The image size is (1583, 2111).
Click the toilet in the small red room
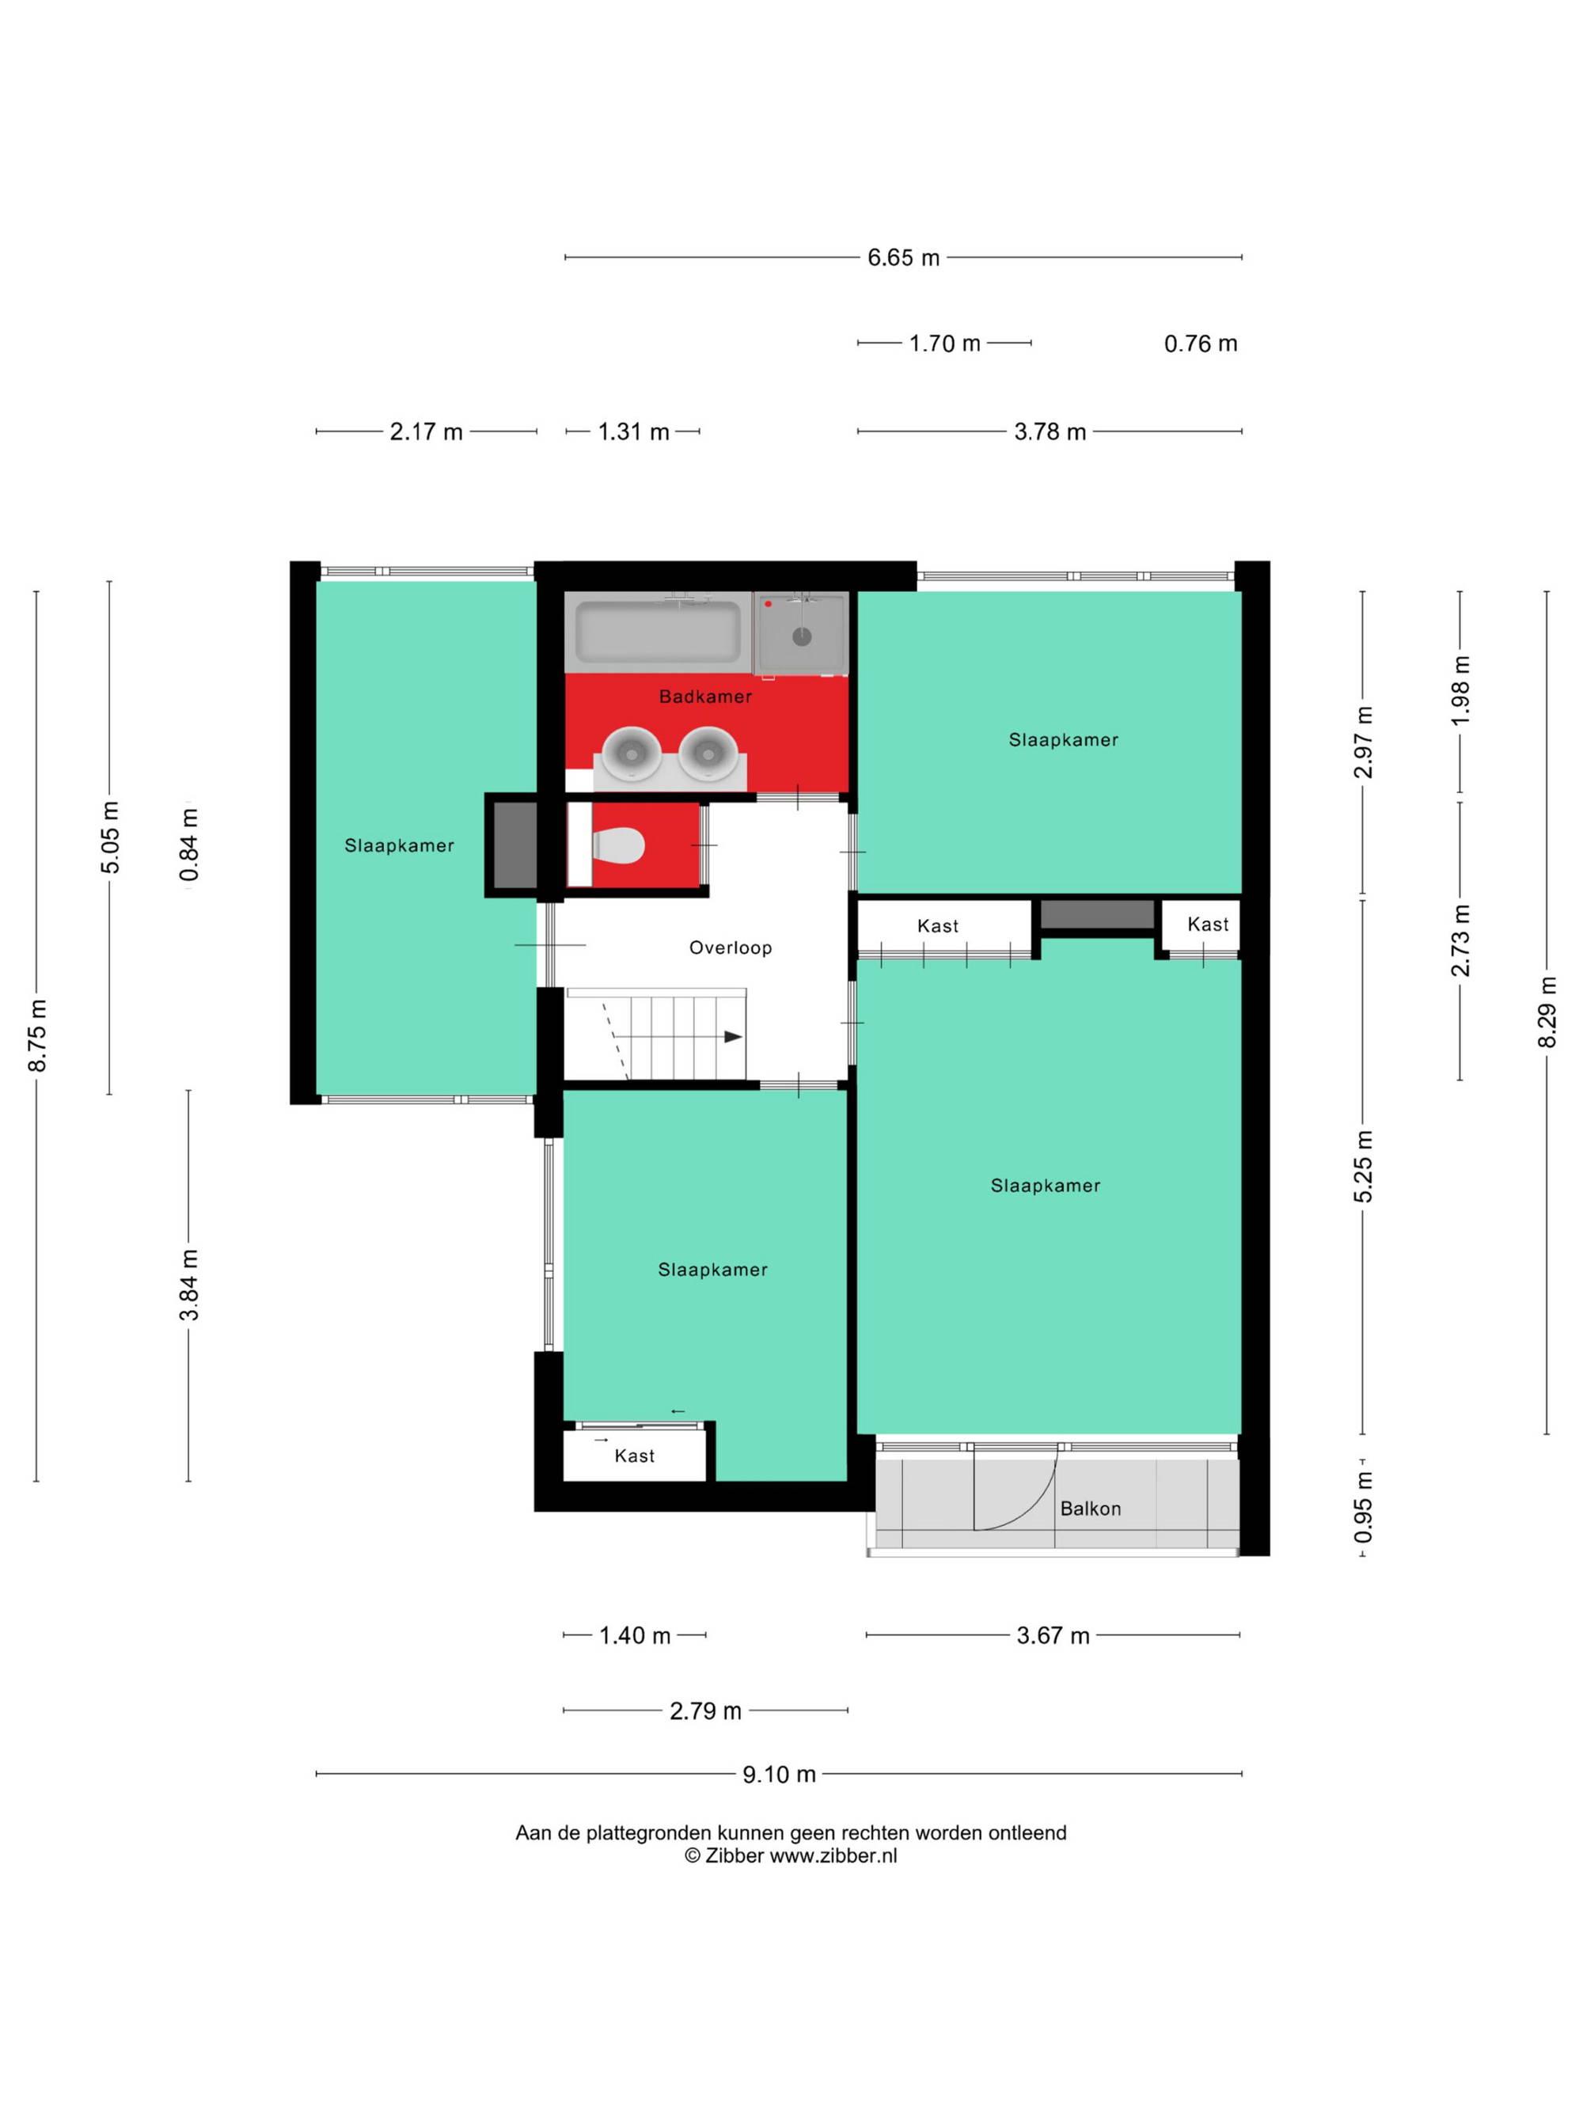pos(618,845)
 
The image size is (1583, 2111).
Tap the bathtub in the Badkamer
pos(658,630)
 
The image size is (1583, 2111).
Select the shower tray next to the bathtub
pos(799,632)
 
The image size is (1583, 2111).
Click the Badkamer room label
pos(705,697)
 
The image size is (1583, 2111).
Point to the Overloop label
pos(730,947)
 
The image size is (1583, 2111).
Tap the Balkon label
pos(1090,1509)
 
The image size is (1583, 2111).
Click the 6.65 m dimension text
pos(902,258)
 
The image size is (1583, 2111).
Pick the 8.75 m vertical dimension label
pos(37,1035)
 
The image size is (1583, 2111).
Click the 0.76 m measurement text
pos(1201,344)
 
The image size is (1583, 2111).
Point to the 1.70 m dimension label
pos(944,344)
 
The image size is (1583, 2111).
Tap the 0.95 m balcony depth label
pos(1364,1507)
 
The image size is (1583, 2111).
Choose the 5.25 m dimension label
pos(1364,1166)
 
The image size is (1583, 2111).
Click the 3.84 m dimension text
pos(189,1285)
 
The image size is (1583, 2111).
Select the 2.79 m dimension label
pos(705,1711)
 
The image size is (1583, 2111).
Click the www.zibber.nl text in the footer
pos(833,1855)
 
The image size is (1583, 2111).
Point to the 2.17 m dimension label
pos(426,432)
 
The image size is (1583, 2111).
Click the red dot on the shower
pos(768,604)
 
